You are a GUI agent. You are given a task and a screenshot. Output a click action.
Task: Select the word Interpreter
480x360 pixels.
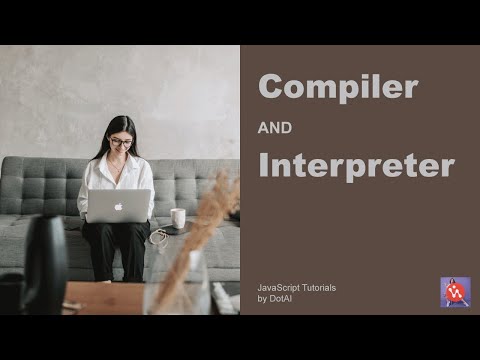pyautogui.click(x=355, y=166)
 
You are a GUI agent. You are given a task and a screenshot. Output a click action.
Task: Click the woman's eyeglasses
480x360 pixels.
pyautogui.click(x=121, y=142)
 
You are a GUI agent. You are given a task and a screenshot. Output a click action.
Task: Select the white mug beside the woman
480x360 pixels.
pyautogui.click(x=178, y=218)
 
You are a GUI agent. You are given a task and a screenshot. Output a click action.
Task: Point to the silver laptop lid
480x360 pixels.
pyautogui.click(x=118, y=206)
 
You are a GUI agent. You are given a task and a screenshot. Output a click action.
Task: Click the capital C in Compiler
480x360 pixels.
pyautogui.click(x=273, y=87)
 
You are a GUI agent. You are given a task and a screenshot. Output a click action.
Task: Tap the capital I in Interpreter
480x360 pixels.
pyautogui.click(x=264, y=166)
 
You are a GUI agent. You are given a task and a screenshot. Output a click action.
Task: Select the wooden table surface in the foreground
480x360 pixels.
pyautogui.click(x=100, y=298)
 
